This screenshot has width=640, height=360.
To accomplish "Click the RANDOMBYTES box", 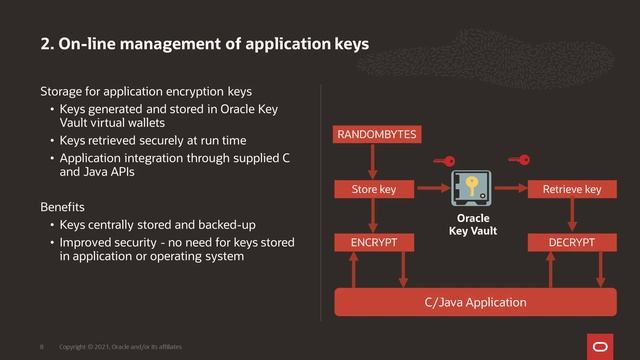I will coord(377,133).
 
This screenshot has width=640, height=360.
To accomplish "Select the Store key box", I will coord(374,188).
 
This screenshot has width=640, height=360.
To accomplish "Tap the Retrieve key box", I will coord(571,188).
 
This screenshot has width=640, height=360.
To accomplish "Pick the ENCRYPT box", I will coord(374,242).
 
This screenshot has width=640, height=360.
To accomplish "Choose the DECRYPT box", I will coord(571,242).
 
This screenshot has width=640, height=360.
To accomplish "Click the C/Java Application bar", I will coord(475,300).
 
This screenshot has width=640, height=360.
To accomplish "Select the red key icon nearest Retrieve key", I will coord(519,160).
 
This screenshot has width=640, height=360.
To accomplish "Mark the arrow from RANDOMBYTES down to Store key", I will coord(374,160).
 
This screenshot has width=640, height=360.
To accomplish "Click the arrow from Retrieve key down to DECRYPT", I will coord(571,215).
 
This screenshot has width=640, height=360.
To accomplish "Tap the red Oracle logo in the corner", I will coord(606,343).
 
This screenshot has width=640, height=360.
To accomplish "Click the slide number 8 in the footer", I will coord(41,346).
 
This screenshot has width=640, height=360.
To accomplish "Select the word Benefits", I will coord(62,205).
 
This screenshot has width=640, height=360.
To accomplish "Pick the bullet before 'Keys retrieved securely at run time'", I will coord(52,140).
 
